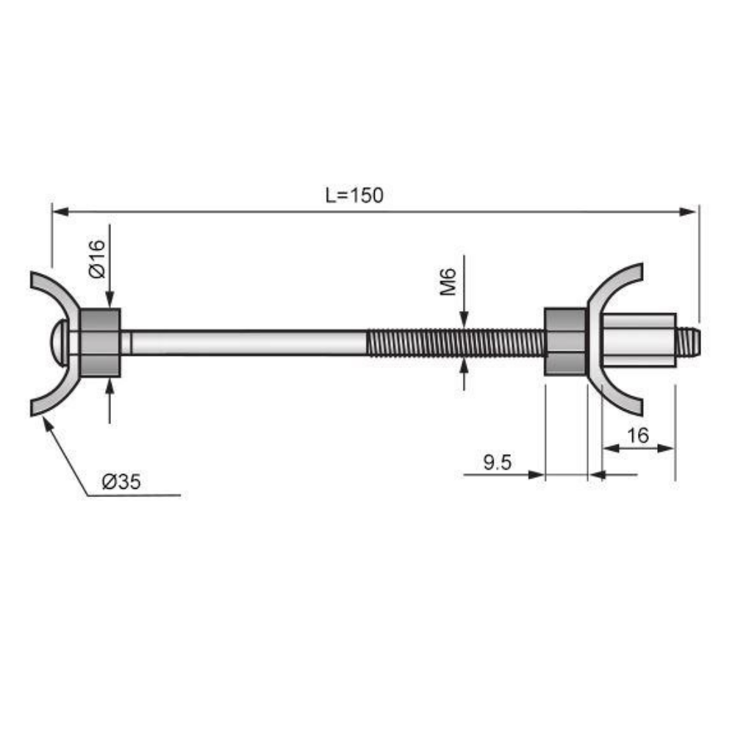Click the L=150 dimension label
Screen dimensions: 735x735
pyautogui.click(x=354, y=196)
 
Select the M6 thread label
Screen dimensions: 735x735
pyautogui.click(x=450, y=282)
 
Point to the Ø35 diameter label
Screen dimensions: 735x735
pyautogui.click(x=121, y=482)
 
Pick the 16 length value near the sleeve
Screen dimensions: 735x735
pyautogui.click(x=638, y=435)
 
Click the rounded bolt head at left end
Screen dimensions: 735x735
pyautogui.click(x=60, y=343)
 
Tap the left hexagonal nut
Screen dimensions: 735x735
pyautogui.click(x=100, y=343)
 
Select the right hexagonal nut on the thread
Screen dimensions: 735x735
pyautogui.click(x=565, y=343)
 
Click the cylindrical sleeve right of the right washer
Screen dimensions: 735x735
pyautogui.click(x=638, y=340)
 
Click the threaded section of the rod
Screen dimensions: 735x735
pyautogui.click(x=456, y=343)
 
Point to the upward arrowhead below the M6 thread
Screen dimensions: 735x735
pyautogui.click(x=464, y=366)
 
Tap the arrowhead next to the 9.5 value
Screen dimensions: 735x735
pyautogui.click(x=537, y=475)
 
